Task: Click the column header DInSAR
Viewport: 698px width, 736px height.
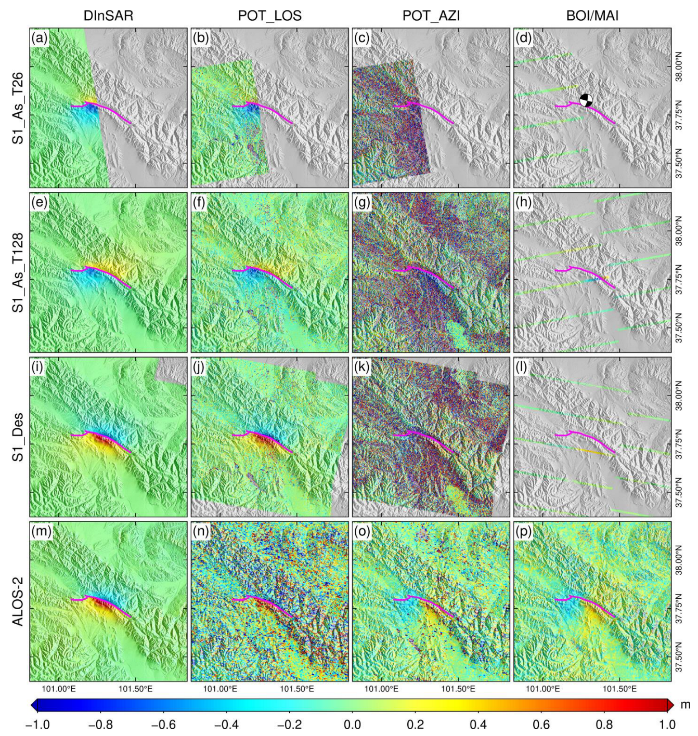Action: [x=108, y=16]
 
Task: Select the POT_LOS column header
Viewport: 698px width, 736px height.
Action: [x=269, y=16]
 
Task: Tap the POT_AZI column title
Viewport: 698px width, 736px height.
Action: [x=431, y=16]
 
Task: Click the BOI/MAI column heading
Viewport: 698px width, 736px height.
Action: [x=592, y=16]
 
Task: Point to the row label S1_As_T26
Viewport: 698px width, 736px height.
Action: [x=18, y=108]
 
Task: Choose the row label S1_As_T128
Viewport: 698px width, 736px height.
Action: [x=18, y=272]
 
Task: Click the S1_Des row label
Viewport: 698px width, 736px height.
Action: [x=18, y=437]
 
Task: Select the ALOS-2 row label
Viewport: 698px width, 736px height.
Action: [x=18, y=601]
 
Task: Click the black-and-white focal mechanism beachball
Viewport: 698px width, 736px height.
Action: [x=586, y=100]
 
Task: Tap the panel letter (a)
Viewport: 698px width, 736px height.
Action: [x=40, y=38]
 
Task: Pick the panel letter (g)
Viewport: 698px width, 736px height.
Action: [x=362, y=202]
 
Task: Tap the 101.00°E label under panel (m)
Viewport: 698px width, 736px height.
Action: [x=59, y=689]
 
